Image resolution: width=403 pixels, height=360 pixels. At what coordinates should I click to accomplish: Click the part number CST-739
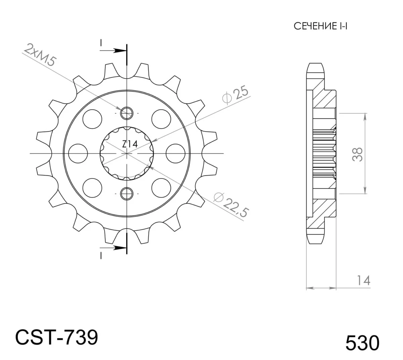tap(57, 337)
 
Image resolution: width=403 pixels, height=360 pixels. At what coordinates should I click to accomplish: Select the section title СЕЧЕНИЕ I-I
tap(320, 26)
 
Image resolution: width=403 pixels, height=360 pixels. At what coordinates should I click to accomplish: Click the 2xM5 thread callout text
tap(40, 54)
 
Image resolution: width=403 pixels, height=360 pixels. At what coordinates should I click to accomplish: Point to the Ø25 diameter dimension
tap(235, 95)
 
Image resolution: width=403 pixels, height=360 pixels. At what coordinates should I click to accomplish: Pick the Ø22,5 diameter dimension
tap(231, 204)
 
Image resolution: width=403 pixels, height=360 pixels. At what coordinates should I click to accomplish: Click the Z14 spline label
tap(130, 144)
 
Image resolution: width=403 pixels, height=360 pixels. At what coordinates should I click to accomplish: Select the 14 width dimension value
tap(364, 280)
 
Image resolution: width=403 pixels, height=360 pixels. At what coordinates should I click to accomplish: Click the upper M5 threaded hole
tap(127, 113)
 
